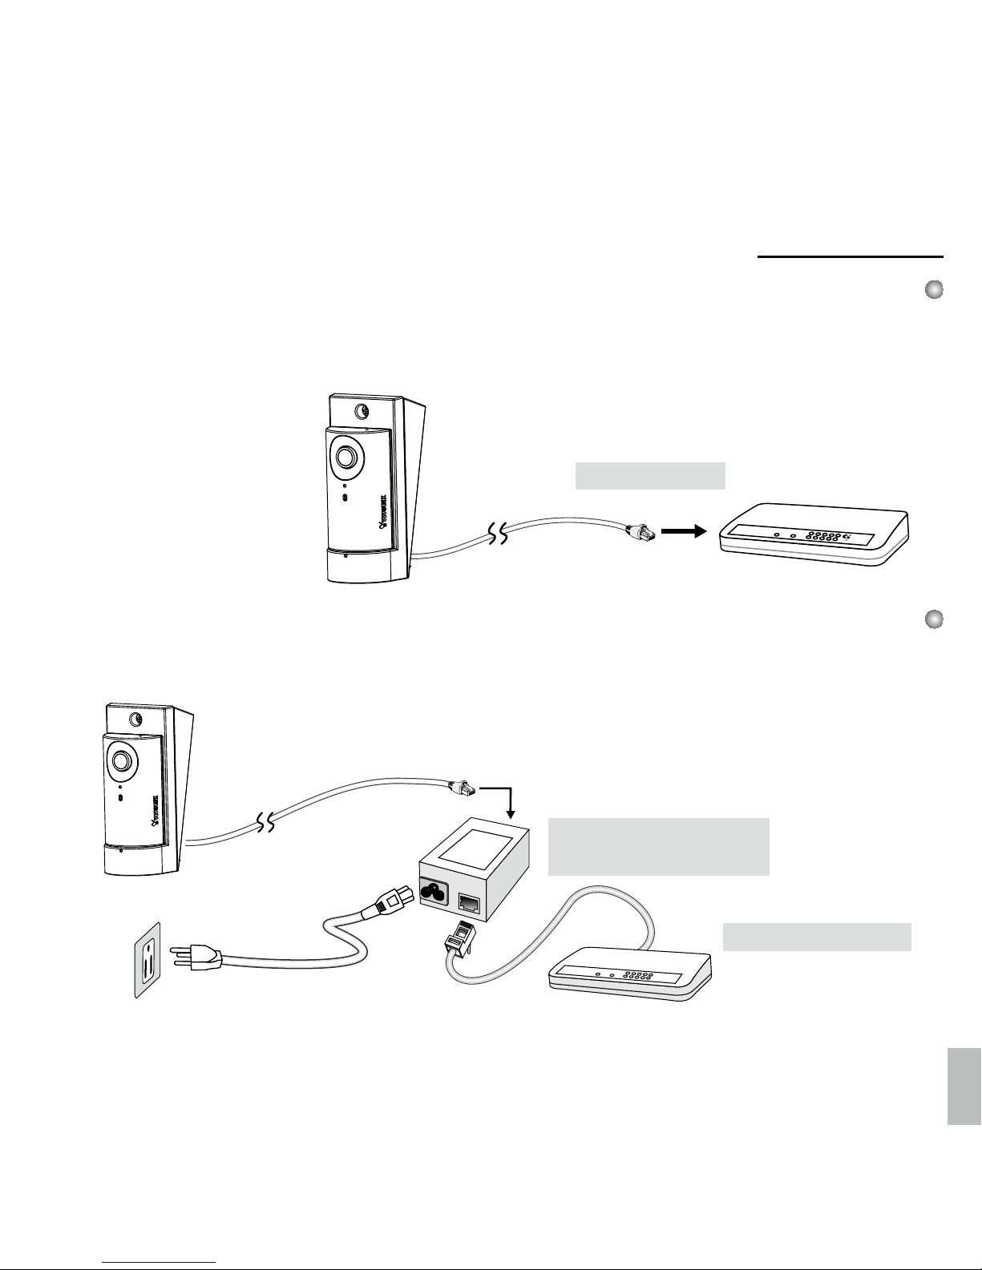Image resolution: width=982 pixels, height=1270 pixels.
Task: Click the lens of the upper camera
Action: [x=347, y=456]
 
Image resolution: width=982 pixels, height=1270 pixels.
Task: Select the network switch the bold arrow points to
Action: [x=814, y=537]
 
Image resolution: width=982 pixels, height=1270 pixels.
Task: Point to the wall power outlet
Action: [x=148, y=960]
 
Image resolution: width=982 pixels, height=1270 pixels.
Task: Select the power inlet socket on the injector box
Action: [x=438, y=889]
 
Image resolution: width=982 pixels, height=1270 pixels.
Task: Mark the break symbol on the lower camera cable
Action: [x=265, y=822]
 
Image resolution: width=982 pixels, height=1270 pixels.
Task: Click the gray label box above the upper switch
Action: [x=650, y=475]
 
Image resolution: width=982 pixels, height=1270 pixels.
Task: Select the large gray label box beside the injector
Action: [x=658, y=846]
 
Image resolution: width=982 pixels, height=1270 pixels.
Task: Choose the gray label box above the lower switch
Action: [x=817, y=936]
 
